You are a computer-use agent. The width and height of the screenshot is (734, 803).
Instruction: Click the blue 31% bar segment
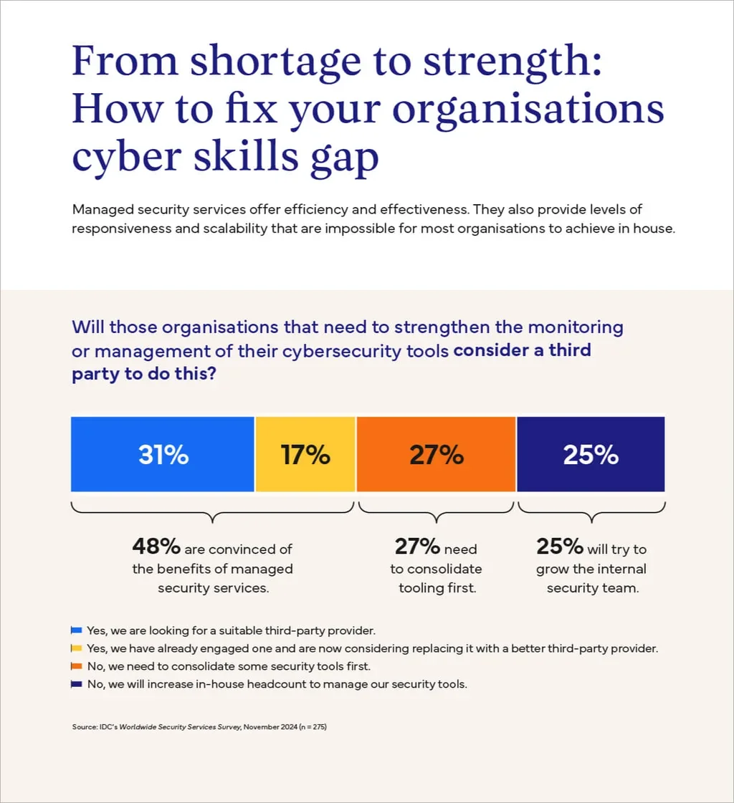(x=163, y=454)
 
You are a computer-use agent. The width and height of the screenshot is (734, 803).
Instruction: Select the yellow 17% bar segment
(x=305, y=454)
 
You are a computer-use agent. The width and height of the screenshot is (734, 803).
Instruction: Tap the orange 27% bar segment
(x=436, y=454)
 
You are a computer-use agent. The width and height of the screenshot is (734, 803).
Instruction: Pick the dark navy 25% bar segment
(x=591, y=454)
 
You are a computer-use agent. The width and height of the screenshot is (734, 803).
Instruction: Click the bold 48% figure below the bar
(x=156, y=547)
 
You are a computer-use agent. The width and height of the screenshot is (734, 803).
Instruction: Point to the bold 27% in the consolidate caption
(x=416, y=547)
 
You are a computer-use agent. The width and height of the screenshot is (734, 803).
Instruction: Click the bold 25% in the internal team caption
(x=559, y=547)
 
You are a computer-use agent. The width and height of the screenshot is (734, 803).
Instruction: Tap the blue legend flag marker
(x=77, y=630)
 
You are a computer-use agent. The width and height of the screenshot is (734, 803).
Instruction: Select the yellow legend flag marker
(x=77, y=648)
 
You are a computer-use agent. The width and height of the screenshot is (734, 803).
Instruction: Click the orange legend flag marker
(x=77, y=666)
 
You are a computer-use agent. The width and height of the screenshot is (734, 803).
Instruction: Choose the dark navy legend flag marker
(x=77, y=684)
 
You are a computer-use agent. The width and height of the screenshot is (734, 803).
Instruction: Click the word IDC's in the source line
(x=106, y=727)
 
